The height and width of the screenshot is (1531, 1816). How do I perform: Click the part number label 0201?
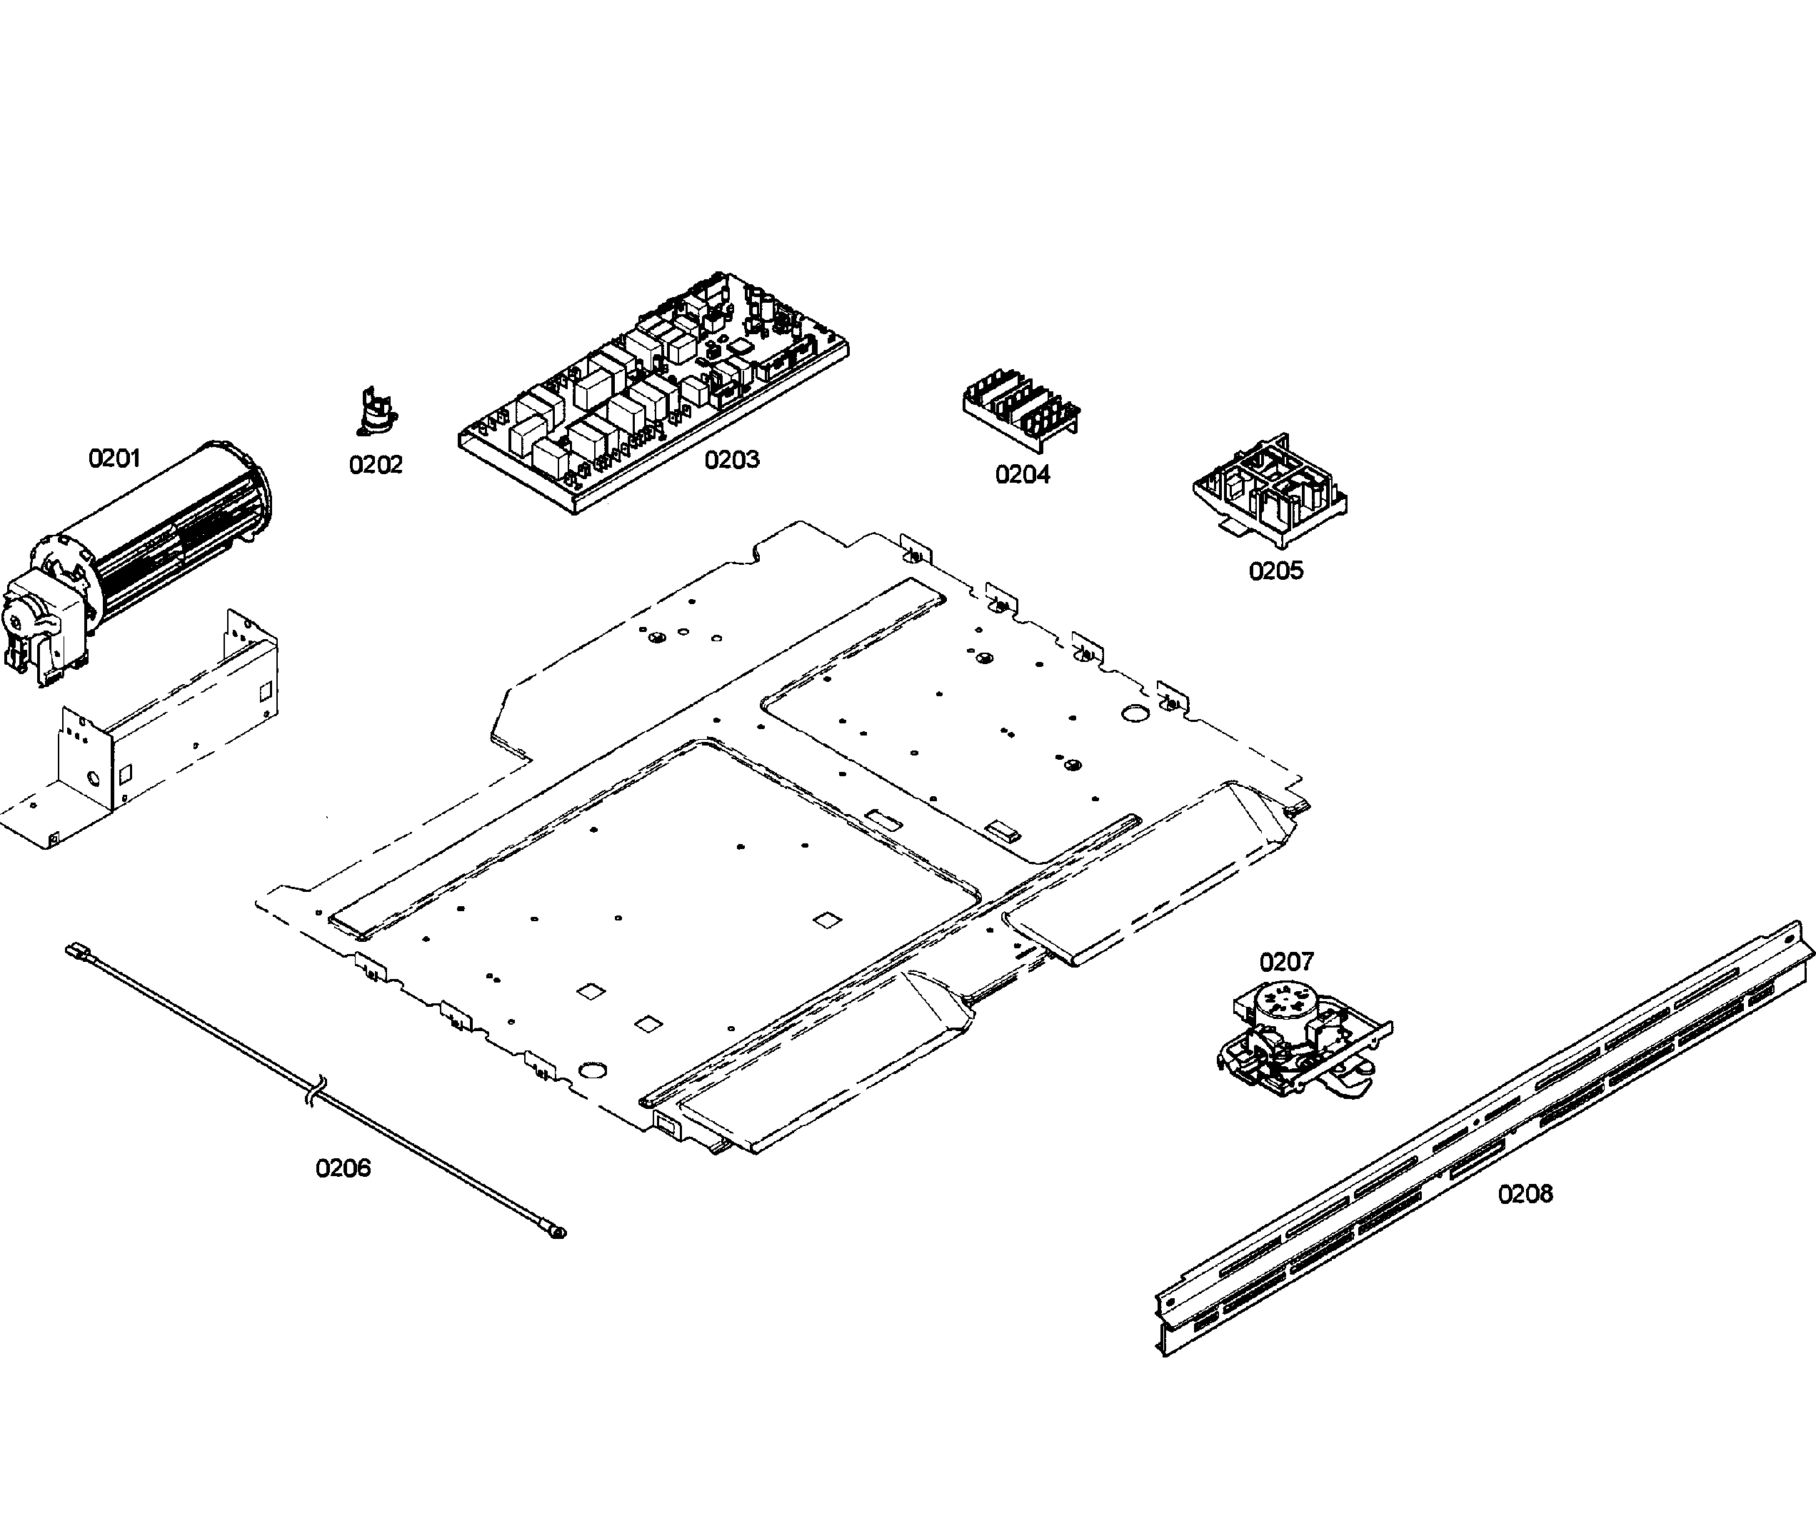coord(114,458)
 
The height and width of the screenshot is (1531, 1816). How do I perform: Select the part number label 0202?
coord(375,465)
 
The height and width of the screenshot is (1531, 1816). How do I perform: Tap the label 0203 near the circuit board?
coord(731,459)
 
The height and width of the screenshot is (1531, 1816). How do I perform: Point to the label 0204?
coord(1022,475)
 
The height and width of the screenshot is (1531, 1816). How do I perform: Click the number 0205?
coord(1275,571)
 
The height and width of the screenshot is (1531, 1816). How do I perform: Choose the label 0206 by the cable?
coord(343,1168)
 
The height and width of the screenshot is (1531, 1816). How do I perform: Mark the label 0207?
coord(1286,962)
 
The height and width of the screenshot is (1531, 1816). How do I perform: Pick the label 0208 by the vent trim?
coord(1525,1194)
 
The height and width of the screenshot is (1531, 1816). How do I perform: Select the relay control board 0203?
coord(651,391)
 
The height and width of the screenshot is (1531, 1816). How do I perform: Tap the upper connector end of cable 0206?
coord(73,950)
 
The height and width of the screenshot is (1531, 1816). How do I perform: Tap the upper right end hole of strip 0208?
coord(1789,938)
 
